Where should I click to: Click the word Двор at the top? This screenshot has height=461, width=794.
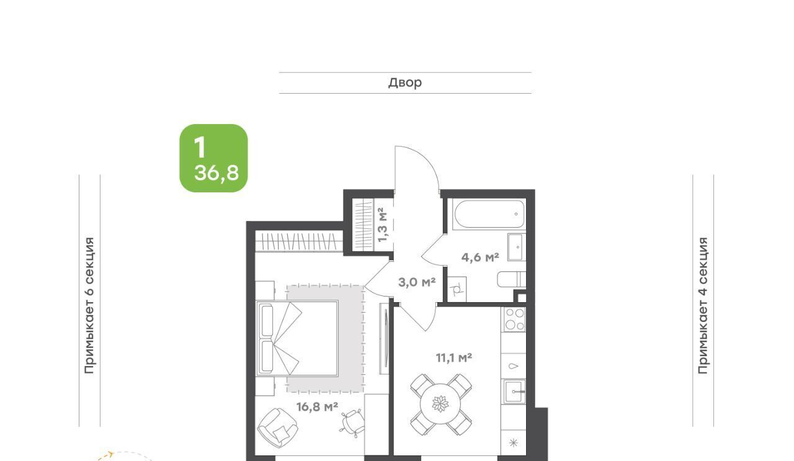[405, 83]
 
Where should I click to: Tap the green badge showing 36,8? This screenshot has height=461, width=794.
[213, 158]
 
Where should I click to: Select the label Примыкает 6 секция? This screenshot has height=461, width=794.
[89, 305]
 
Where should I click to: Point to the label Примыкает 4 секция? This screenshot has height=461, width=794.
[703, 305]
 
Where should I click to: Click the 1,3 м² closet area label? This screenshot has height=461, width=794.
[383, 225]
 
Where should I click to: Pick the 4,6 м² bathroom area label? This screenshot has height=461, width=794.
[480, 257]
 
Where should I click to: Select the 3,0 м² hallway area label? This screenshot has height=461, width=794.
[417, 282]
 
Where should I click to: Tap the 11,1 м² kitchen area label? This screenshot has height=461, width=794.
[453, 358]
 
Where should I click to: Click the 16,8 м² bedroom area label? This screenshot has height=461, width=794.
[317, 407]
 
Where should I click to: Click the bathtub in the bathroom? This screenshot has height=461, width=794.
[489, 215]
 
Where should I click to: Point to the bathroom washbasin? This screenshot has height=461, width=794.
[517, 247]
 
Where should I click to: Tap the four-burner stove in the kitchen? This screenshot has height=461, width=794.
[514, 320]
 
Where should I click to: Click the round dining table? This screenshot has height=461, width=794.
[440, 404]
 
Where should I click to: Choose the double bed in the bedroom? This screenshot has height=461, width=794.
[297, 339]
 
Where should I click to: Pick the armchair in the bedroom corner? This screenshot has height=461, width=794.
[277, 427]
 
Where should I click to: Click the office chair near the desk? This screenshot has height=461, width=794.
[352, 423]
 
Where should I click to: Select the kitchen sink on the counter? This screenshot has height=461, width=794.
[514, 392]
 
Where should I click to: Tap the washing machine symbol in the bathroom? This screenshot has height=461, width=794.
[457, 289]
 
